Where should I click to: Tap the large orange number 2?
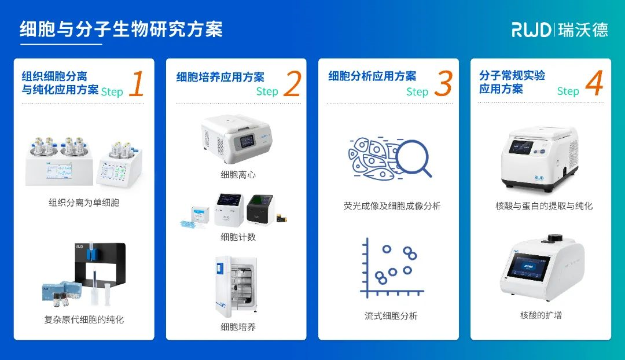point(292,84)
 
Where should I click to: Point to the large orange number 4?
point(594,83)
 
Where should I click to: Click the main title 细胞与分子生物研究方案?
point(121,29)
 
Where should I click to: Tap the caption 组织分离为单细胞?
point(84,203)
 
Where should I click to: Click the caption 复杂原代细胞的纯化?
point(84,319)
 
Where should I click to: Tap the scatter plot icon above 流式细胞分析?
point(389,267)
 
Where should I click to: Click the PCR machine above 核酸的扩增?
point(541,269)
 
